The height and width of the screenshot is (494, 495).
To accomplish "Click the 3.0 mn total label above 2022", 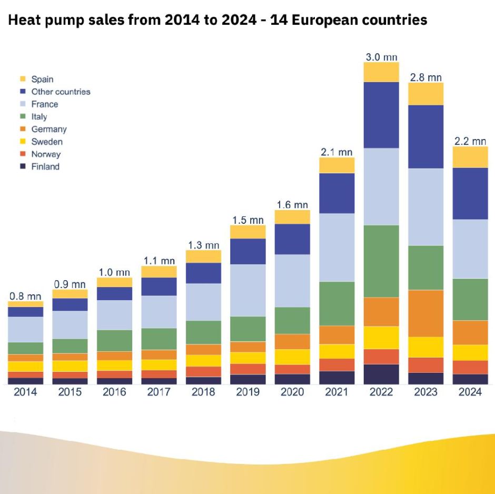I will (x=381, y=57).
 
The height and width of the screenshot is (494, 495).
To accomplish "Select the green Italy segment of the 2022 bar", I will (x=381, y=261).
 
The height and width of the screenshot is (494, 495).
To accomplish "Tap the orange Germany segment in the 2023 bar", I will (x=426, y=313).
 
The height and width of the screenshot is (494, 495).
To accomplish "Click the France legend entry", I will (x=44, y=104).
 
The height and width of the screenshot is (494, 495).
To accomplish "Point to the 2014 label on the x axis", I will (x=25, y=392).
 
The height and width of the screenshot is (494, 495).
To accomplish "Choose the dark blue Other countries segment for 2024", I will (x=470, y=193).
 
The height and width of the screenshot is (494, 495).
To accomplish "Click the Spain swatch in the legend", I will (x=23, y=80).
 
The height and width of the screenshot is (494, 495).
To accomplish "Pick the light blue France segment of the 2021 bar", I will (x=337, y=248).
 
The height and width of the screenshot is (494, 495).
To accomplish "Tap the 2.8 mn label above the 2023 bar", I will (x=426, y=77).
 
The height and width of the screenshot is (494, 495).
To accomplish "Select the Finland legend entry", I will (x=45, y=167).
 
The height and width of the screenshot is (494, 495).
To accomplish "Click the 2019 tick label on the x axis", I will (x=247, y=392).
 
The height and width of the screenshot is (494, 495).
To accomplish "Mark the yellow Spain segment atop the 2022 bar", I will (x=381, y=72).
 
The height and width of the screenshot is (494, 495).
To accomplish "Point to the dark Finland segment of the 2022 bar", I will (x=381, y=374).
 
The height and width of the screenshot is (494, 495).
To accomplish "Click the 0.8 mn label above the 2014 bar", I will (x=25, y=297).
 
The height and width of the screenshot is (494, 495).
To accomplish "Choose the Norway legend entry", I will (x=46, y=154).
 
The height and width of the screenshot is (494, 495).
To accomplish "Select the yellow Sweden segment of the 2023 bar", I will (x=426, y=347).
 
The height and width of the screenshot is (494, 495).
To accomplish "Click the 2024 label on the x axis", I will (x=470, y=392).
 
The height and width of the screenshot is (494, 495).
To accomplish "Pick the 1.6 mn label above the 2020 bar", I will (x=292, y=205).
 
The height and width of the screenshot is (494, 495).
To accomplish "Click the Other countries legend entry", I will (x=61, y=92).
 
